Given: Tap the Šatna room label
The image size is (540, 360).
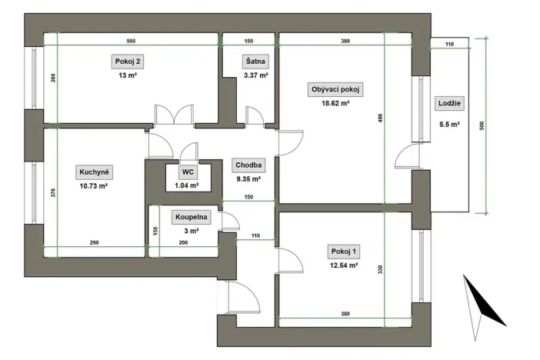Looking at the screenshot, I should pos(255,61).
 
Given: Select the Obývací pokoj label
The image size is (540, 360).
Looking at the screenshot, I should pos(335,89).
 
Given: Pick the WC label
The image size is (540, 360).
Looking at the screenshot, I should pos(187,172).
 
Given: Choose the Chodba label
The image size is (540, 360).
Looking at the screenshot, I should pos(249,165).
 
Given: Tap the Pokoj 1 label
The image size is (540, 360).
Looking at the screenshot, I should pos(344,252).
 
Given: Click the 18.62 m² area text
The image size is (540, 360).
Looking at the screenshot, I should pos(335,102).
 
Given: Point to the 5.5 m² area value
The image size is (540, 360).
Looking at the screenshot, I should pos(449,123).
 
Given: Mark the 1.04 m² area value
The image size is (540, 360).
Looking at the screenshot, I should pos(187,185).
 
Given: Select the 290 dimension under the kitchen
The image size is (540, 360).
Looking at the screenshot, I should pos(94,243).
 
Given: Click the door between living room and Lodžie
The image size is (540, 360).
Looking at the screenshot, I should pos(403,160).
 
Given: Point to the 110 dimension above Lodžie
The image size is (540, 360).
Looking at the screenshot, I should pos(449,45).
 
